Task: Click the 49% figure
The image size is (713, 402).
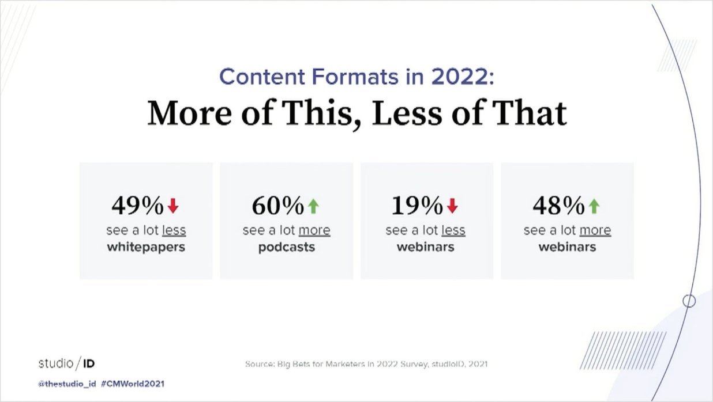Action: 137,205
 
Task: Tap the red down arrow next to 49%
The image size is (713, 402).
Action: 173,205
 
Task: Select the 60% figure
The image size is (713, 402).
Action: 277,205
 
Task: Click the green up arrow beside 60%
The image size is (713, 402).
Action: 313,205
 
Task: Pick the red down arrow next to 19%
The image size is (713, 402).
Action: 453,205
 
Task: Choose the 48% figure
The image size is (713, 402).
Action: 558,205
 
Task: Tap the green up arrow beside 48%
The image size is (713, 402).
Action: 594,205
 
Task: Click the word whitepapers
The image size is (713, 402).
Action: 146,248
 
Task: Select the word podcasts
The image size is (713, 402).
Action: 287,248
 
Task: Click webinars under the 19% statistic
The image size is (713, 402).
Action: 426,248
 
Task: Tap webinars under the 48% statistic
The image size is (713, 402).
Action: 567,248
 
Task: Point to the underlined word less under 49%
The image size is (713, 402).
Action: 174,231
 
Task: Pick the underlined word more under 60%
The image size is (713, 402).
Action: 314,231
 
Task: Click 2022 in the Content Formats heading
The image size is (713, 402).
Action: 459,77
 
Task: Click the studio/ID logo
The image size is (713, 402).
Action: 66,363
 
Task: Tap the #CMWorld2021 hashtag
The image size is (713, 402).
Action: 135,383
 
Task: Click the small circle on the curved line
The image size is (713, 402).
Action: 689,301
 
